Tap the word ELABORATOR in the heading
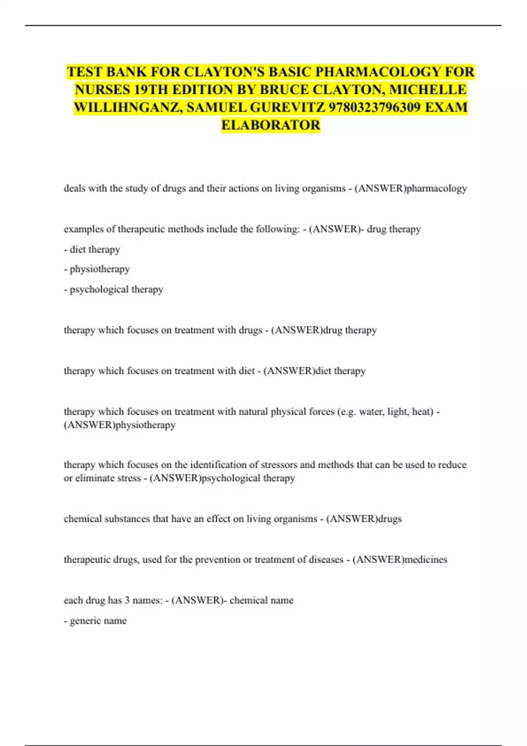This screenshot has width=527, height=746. [x=271, y=125]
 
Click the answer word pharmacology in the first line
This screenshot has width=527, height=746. [x=437, y=189]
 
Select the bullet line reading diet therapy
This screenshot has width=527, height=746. [x=92, y=249]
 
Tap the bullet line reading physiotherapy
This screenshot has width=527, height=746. [x=97, y=269]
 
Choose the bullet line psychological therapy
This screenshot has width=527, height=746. [x=113, y=289]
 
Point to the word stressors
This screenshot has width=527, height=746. [x=280, y=465]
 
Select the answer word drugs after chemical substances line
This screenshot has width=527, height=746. [x=390, y=519]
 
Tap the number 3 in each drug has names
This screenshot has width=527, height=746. [x=127, y=600]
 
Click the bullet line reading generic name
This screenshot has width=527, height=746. [x=95, y=620]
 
